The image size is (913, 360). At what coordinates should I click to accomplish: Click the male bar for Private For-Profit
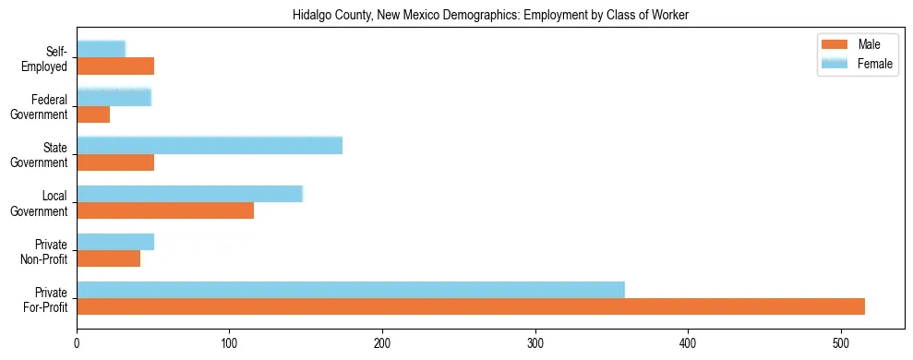[x=471, y=307]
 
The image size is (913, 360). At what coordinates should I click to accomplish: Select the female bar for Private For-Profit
[x=351, y=290]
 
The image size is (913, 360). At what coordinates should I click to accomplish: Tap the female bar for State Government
[x=210, y=145]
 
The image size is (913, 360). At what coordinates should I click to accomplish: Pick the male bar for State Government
[x=115, y=162]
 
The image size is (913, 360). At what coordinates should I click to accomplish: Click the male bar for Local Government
[x=165, y=210]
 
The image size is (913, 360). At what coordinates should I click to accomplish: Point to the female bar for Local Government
[x=189, y=194]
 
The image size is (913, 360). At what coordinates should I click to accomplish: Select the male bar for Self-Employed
[x=115, y=66]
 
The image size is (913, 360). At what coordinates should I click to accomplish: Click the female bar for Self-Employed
[x=101, y=49]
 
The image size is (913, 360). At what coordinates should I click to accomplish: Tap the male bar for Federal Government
[x=93, y=114]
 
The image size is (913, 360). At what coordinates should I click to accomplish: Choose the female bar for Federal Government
[x=114, y=97]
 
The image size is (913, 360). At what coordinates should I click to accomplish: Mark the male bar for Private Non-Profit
[x=108, y=259]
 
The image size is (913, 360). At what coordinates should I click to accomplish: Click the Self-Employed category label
[x=49, y=58]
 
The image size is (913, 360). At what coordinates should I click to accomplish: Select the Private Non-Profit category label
[x=46, y=251]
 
